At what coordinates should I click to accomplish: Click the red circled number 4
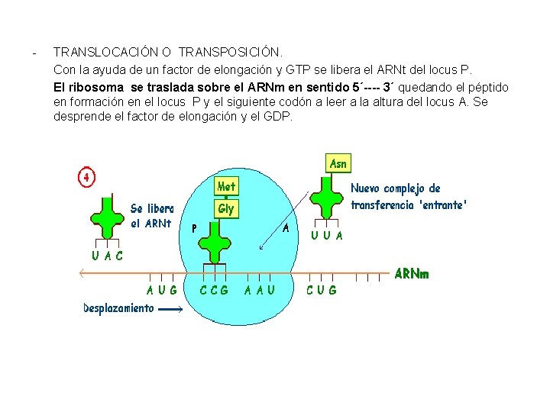click(86, 177)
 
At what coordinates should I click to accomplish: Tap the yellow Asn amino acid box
click(338, 163)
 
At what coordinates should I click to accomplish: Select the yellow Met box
click(226, 186)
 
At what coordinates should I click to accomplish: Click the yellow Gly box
click(226, 208)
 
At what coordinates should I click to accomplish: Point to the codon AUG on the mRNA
click(162, 290)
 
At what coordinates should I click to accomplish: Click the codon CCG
click(214, 290)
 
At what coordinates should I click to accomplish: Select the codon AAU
click(260, 290)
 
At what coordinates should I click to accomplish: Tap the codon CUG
click(321, 290)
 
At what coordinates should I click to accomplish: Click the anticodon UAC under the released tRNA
click(108, 256)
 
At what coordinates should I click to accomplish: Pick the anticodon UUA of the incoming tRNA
click(327, 236)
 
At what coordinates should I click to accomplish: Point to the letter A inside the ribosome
click(286, 227)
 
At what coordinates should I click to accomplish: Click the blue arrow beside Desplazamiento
click(171, 310)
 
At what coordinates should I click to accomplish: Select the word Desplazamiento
click(118, 309)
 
